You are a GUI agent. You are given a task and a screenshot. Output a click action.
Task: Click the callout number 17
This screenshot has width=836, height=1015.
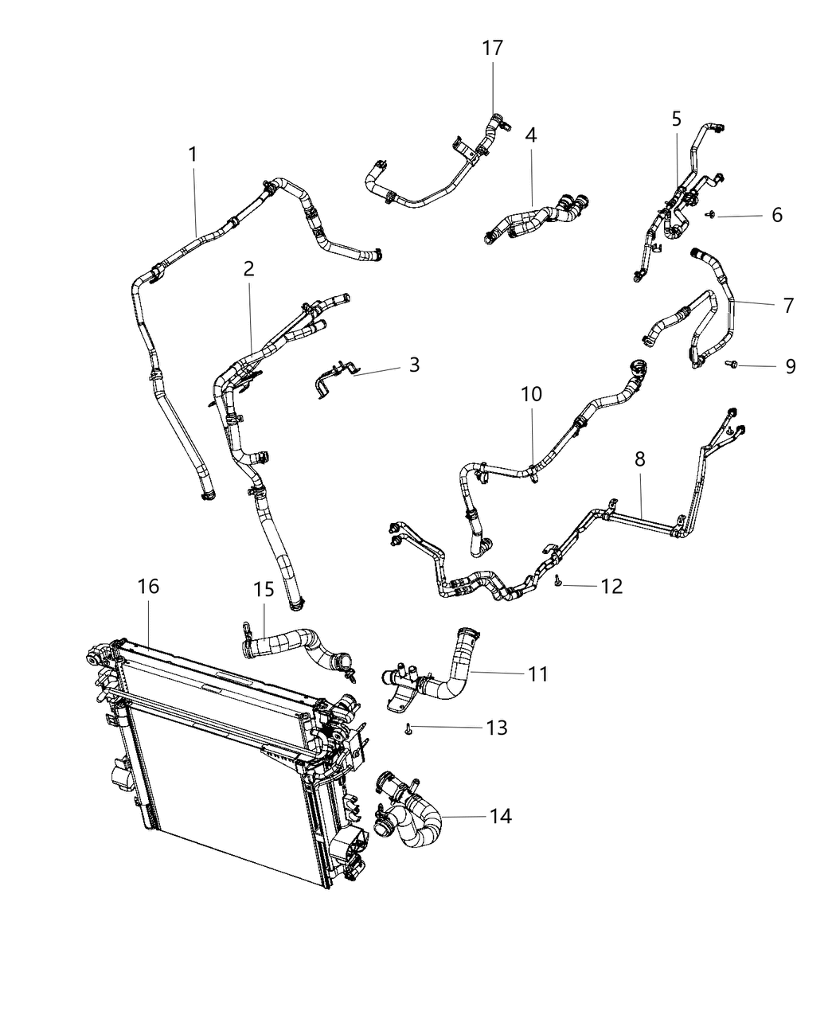[493, 49]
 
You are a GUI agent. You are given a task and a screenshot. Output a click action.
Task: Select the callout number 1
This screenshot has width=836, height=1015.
[193, 154]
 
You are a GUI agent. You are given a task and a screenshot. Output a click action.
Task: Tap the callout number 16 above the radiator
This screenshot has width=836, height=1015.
[148, 587]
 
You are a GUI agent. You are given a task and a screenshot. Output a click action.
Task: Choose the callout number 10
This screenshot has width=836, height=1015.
[531, 394]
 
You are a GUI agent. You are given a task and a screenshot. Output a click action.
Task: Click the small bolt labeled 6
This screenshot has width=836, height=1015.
[710, 214]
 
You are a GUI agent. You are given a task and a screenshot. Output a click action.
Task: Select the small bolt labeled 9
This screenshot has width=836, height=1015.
[731, 365]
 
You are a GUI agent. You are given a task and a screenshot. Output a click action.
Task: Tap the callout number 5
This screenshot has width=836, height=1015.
[676, 119]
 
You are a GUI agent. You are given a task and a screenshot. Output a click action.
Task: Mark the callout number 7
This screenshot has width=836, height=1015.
[787, 305]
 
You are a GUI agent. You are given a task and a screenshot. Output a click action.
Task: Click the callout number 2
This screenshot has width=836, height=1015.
[248, 269]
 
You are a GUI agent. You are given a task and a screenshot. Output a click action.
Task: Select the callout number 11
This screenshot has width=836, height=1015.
[538, 674]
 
